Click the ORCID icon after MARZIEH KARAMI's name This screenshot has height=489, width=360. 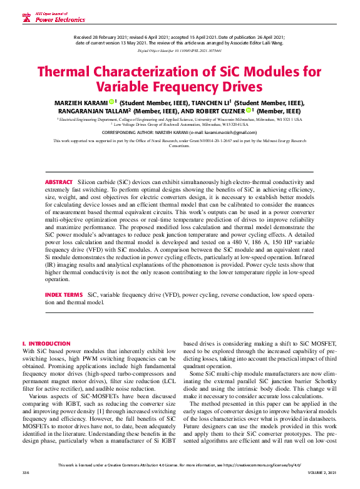point(111,102)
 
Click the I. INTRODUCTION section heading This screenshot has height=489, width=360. point(46,344)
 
